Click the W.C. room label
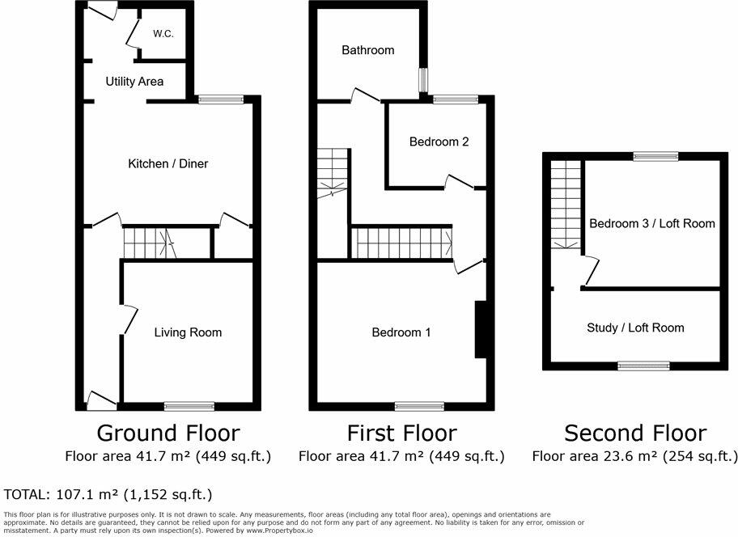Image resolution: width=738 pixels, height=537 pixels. [163, 35]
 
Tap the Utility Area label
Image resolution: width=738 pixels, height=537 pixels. [134, 82]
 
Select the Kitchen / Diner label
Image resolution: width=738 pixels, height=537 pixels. [168, 163]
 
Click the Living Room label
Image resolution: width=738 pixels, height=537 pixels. [188, 332]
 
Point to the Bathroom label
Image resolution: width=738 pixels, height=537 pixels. [367, 50]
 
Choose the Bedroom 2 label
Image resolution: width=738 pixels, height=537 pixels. [439, 142]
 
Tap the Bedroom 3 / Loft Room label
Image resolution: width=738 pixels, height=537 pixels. [652, 223]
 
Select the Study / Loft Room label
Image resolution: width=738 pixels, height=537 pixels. [635, 328]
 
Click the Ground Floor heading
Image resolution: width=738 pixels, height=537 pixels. [168, 433]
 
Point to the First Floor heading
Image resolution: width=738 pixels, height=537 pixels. [401, 433]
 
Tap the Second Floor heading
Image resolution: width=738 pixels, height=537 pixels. [635, 433]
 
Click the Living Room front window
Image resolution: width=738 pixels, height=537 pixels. [188, 405]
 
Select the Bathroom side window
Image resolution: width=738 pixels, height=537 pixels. [422, 80]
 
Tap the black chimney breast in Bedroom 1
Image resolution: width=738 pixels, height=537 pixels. [479, 329]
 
